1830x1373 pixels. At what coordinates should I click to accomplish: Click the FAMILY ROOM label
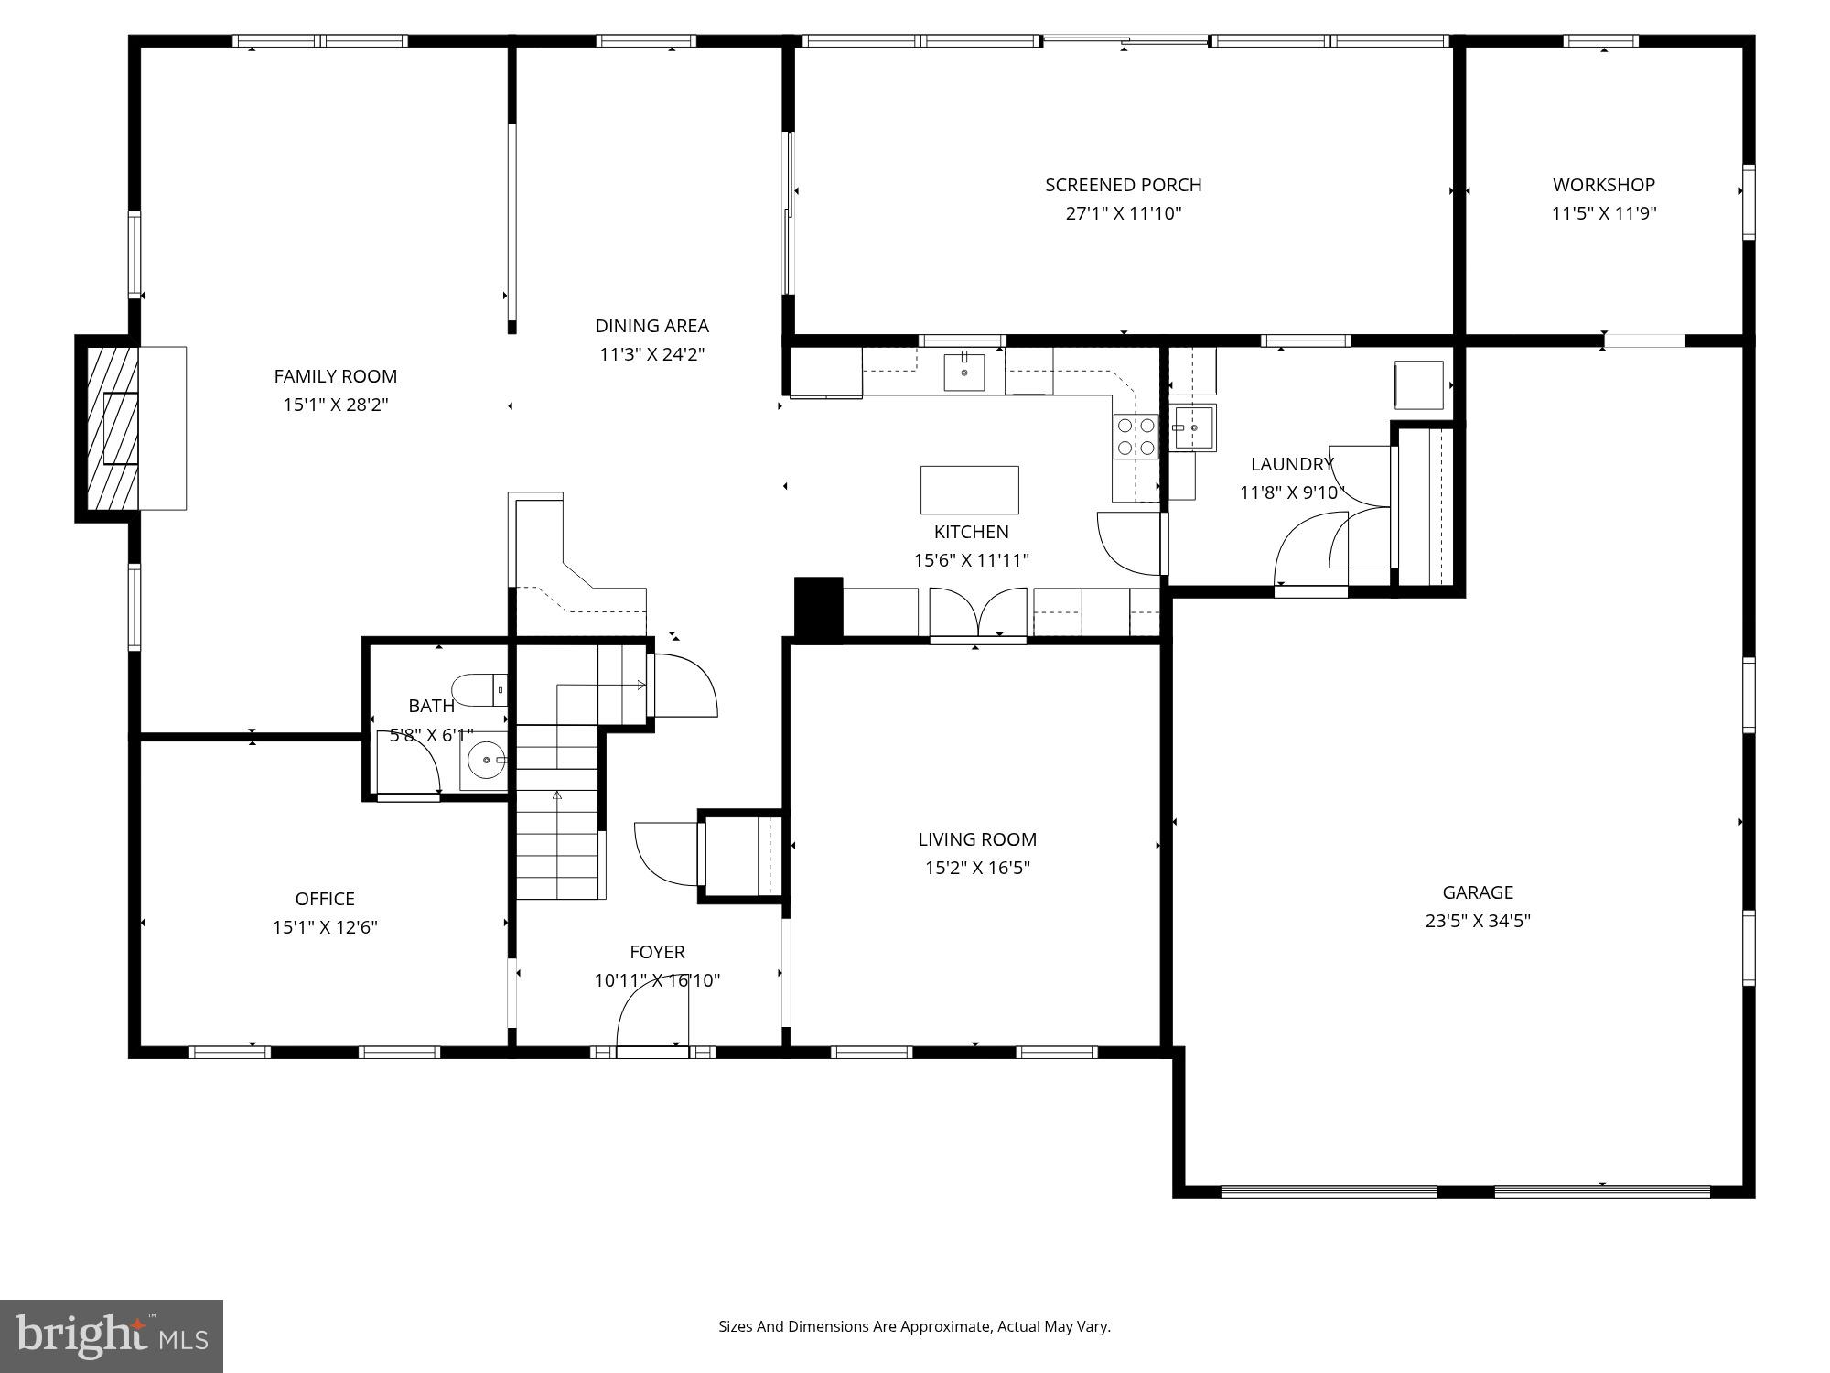click(x=335, y=376)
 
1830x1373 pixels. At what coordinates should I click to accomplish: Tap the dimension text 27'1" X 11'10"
click(x=1124, y=213)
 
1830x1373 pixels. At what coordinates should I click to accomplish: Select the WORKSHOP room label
click(x=1603, y=185)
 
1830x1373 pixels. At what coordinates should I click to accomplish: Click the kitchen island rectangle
click(x=969, y=490)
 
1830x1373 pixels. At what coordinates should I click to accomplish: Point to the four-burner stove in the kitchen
click(x=1136, y=437)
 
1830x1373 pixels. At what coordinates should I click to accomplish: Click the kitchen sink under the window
click(x=964, y=372)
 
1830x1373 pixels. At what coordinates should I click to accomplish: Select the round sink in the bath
click(x=486, y=760)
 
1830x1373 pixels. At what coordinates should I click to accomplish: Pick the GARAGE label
click(x=1478, y=892)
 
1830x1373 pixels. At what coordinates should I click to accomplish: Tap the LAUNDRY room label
click(x=1291, y=464)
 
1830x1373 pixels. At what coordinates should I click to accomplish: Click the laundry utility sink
click(x=1194, y=428)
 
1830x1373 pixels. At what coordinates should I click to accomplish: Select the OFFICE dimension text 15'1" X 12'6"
click(x=325, y=927)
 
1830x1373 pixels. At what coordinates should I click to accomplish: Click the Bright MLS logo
click(x=111, y=1335)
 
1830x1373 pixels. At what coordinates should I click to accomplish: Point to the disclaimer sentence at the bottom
click(x=914, y=1326)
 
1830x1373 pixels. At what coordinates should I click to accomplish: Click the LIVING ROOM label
click(x=977, y=839)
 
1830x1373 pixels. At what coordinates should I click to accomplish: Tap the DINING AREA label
click(x=651, y=326)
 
